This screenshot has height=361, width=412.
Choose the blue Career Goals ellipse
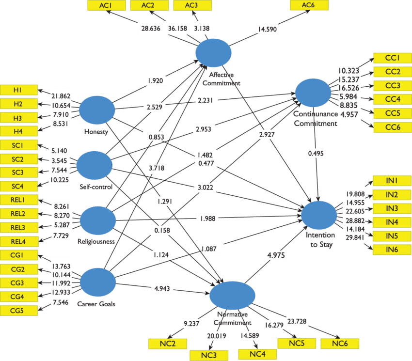97,282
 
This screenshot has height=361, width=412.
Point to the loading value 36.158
177,28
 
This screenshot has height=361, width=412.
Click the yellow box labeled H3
19,118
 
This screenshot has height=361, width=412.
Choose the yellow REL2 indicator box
19,214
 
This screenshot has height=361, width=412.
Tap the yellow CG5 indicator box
19,310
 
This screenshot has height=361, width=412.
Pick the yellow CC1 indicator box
392,58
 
